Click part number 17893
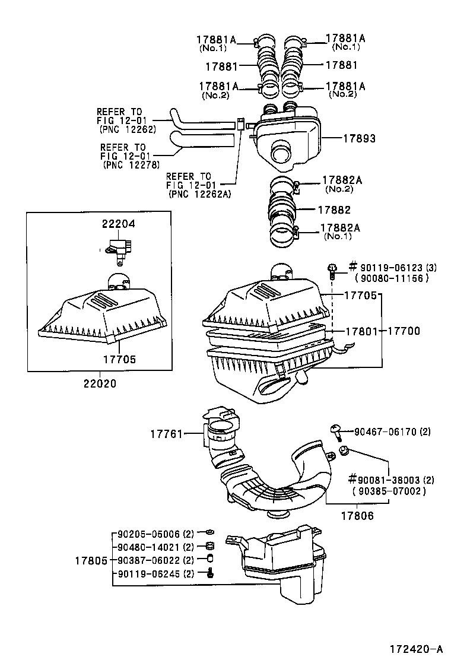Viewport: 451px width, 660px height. coord(359,138)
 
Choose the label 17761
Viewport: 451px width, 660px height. coord(166,434)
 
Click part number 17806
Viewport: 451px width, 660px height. coord(357,516)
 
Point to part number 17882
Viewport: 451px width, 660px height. coord(334,210)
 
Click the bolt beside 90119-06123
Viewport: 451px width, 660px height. coord(333,271)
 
